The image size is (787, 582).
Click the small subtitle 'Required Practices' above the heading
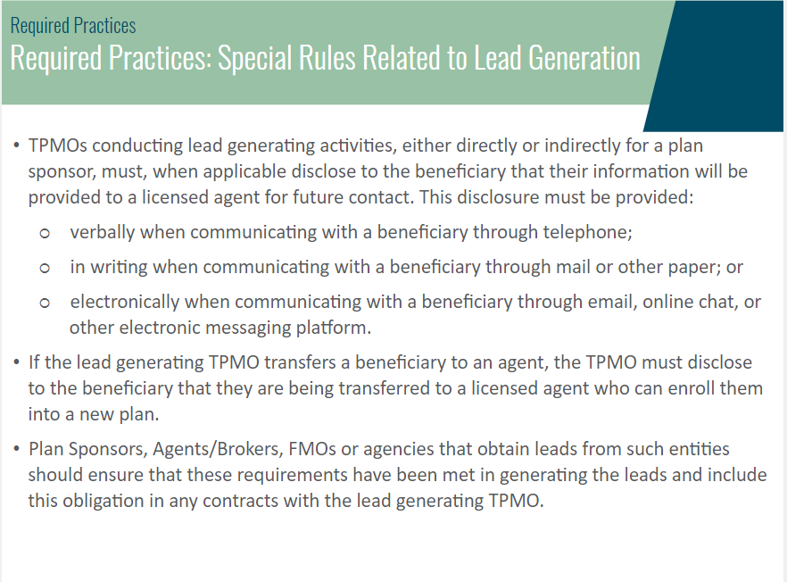[73, 26]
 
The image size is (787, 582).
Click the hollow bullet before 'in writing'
[45, 268]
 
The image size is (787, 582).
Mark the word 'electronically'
[125, 302]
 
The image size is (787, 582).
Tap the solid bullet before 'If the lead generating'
[17, 362]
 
